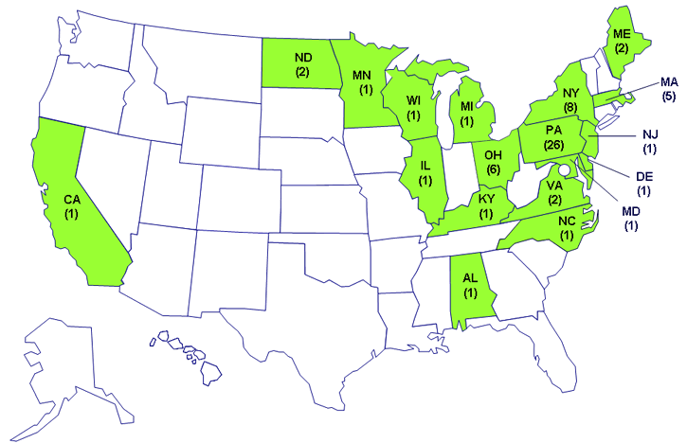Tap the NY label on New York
coord(569,93)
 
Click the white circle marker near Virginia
coord(565,170)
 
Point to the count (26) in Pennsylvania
coord(554,145)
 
